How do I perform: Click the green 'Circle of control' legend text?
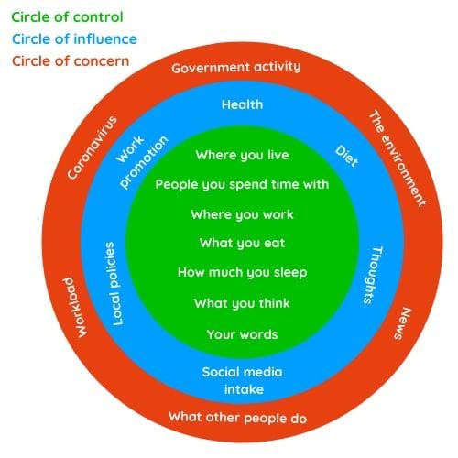pyautogui.click(x=67, y=17)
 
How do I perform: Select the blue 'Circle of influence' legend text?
pyautogui.click(x=74, y=39)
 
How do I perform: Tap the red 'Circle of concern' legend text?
pyautogui.click(x=71, y=61)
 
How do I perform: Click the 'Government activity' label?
pyautogui.click(x=236, y=67)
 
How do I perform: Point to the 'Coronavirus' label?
pyautogui.click(x=93, y=147)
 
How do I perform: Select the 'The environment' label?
pyautogui.click(x=398, y=158)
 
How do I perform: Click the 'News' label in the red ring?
pyautogui.click(x=403, y=323)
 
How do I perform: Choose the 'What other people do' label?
pyautogui.click(x=237, y=418)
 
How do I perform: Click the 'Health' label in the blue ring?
pyautogui.click(x=242, y=104)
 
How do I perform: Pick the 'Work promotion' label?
pyautogui.click(x=142, y=161)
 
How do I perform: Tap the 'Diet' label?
pyautogui.click(x=346, y=156)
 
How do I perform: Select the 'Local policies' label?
pyautogui.click(x=114, y=284)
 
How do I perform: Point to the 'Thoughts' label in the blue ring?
pyautogui.click(x=373, y=275)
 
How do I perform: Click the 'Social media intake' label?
pyautogui.click(x=242, y=381)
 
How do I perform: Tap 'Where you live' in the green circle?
pyautogui.click(x=242, y=155)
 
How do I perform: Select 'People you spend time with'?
pyautogui.click(x=242, y=184)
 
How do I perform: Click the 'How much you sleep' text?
pyautogui.click(x=242, y=272)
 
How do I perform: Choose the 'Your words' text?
pyautogui.click(x=242, y=334)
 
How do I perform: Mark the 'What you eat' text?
pyautogui.click(x=242, y=243)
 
